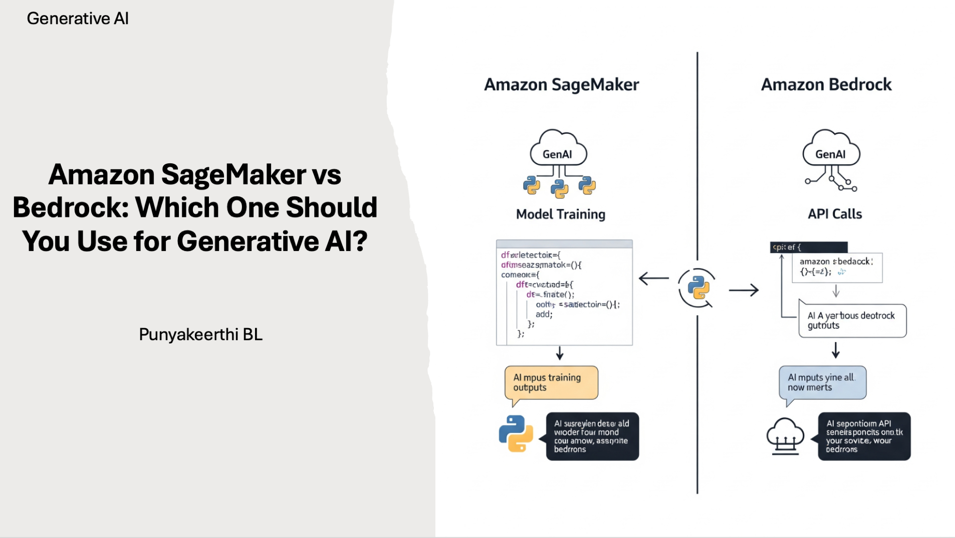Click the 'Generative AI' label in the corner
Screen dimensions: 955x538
point(78,19)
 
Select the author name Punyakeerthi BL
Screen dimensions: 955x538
point(200,335)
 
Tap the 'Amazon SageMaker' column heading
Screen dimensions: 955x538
point(561,85)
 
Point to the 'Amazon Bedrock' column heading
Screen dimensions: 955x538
point(826,85)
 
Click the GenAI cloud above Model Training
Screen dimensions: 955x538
point(558,149)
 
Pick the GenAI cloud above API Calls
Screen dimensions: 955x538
point(831,149)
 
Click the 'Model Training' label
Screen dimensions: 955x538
point(561,214)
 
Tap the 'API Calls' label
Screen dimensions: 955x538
point(835,214)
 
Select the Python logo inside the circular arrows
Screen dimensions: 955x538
point(698,288)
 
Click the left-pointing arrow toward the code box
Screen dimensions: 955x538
point(654,279)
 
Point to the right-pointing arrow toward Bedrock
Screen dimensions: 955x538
point(744,290)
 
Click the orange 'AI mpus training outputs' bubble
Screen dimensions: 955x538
point(551,383)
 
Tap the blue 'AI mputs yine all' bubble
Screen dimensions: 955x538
point(822,383)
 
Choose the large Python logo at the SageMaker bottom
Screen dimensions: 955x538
point(516,433)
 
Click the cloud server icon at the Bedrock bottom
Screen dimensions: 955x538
point(785,436)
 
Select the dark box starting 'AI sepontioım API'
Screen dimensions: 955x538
point(864,436)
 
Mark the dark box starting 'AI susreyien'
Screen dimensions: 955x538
point(592,436)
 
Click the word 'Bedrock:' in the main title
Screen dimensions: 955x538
point(71,207)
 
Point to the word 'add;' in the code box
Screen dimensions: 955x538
point(544,315)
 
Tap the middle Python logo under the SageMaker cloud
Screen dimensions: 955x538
point(559,188)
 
